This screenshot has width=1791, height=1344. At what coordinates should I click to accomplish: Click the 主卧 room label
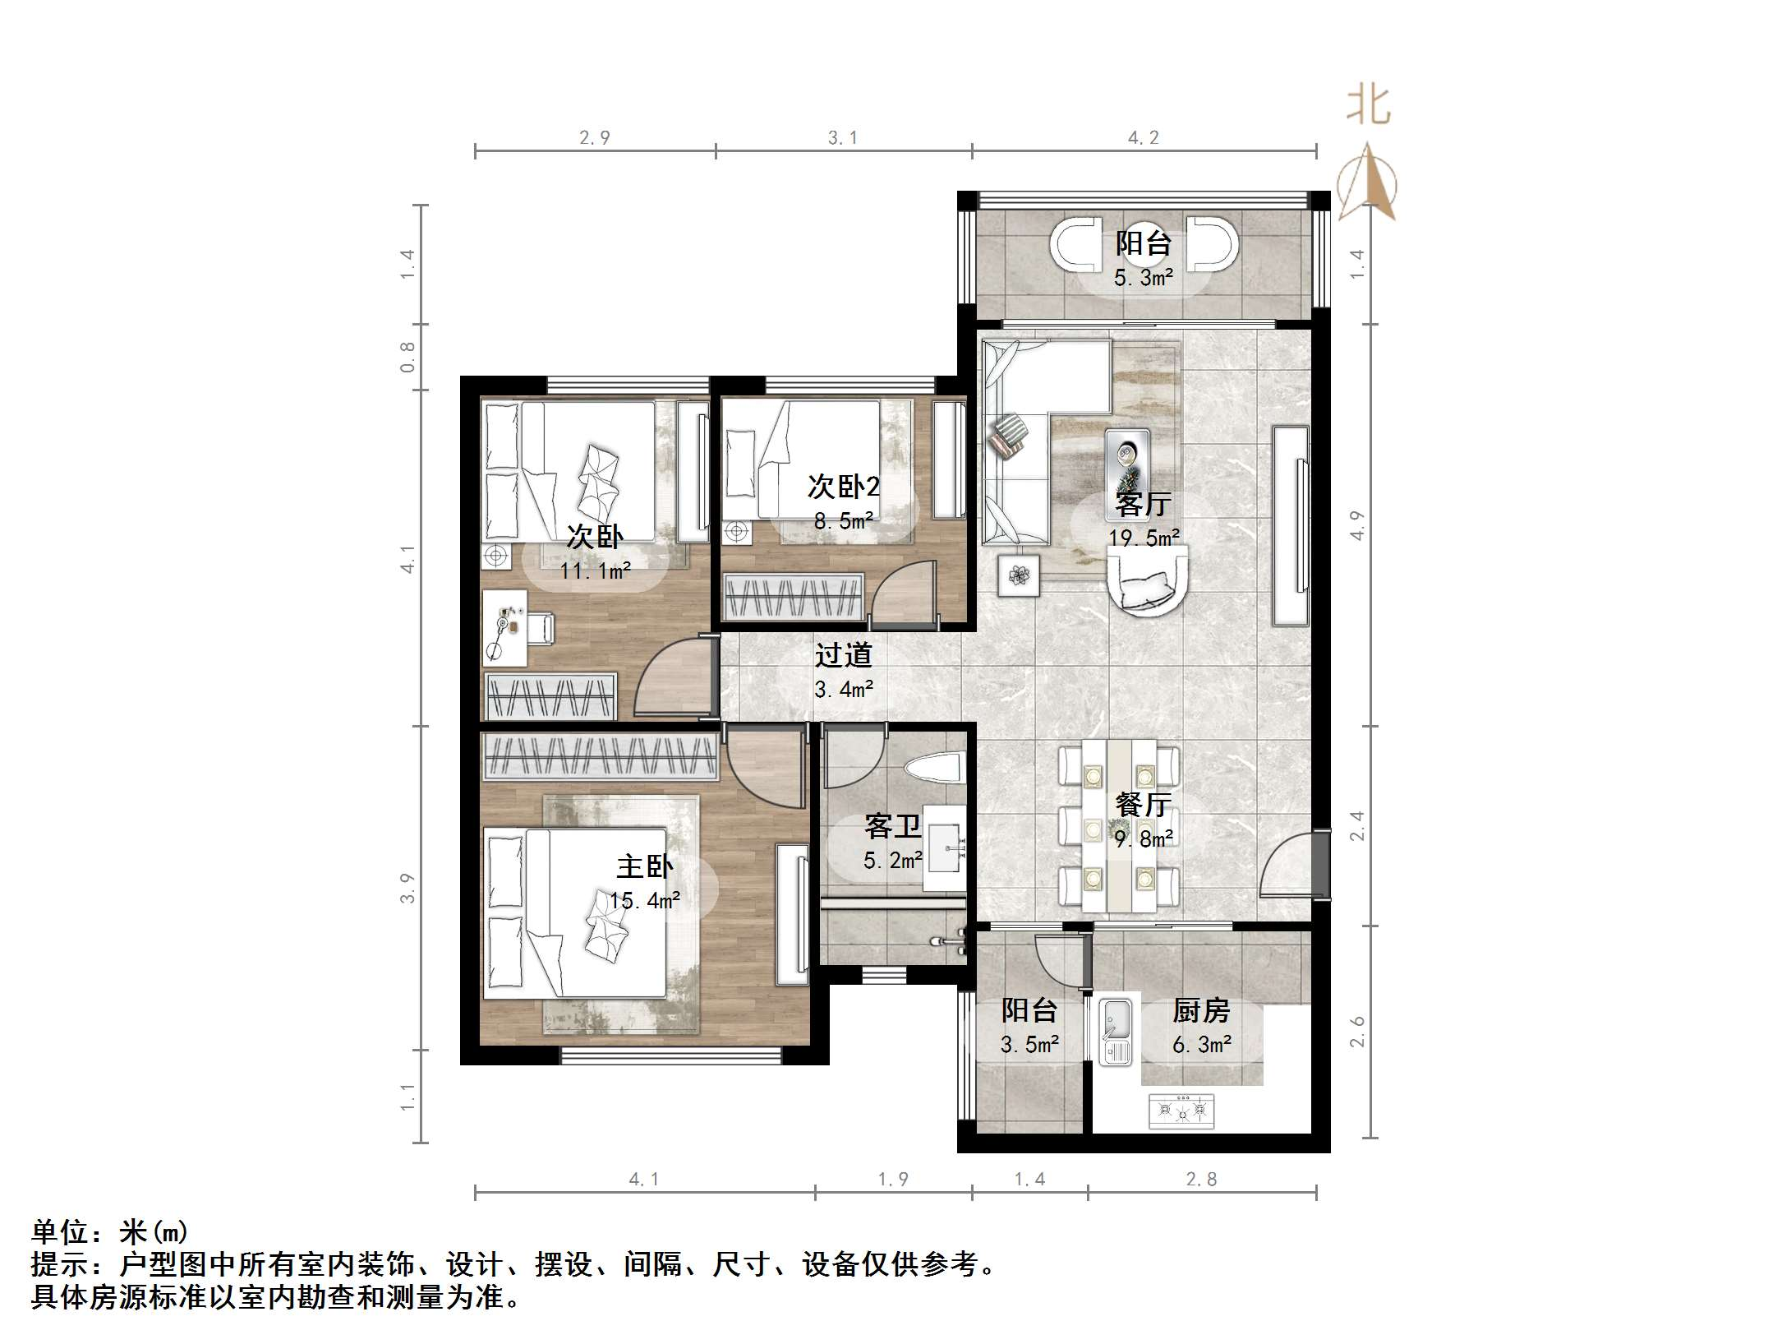click(645, 866)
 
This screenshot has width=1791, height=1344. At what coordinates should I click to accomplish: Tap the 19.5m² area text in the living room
click(1144, 538)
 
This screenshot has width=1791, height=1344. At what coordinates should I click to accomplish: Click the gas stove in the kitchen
click(1181, 1110)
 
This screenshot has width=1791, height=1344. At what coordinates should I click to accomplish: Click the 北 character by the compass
click(1368, 106)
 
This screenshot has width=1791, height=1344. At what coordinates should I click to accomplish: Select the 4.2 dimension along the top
click(1144, 138)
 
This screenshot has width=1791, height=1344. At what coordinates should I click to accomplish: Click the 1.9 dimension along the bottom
click(893, 1180)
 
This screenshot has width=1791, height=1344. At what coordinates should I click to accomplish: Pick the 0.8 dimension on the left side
click(407, 358)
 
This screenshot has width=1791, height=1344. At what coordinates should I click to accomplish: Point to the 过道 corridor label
click(843, 655)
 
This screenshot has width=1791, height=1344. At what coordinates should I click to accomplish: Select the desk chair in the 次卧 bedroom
click(540, 629)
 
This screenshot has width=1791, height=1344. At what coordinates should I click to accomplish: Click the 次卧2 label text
click(843, 487)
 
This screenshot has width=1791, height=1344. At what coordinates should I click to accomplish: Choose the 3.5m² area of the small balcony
click(1029, 1045)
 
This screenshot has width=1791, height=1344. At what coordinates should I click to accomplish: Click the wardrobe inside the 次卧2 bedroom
click(794, 596)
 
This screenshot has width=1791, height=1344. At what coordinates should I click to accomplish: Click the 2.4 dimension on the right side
click(1357, 825)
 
